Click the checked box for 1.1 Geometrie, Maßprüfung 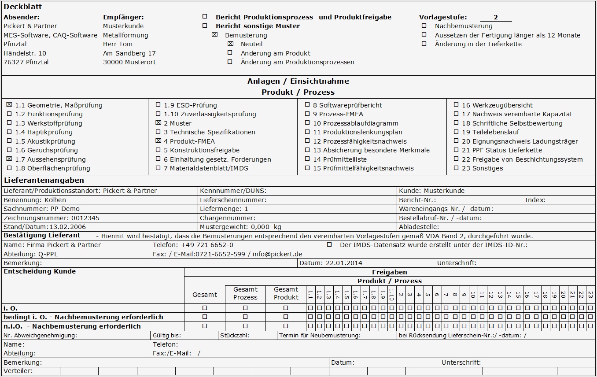[9, 105]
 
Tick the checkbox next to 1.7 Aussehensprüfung [9, 159]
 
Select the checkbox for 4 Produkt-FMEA [158, 141]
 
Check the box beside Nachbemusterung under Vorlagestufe [424, 26]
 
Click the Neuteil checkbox [230, 44]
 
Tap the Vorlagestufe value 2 [496, 17]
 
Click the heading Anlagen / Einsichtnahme [298, 81]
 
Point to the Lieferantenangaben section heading [44, 180]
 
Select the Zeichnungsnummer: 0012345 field [52, 218]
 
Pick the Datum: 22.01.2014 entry [331, 263]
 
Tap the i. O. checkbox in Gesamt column [205, 308]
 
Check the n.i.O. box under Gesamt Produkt [286, 326]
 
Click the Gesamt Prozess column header [245, 293]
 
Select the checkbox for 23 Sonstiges [456, 168]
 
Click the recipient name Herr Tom [118, 44]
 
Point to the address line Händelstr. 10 [25, 53]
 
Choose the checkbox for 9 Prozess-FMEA [307, 114]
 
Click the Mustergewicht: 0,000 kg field [240, 227]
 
